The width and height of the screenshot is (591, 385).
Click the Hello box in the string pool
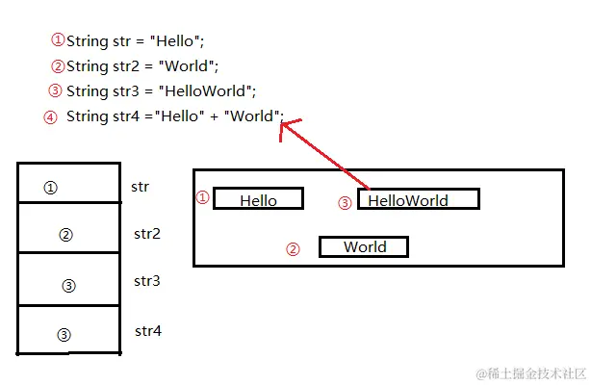click(258, 199)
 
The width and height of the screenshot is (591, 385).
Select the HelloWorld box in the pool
click(418, 199)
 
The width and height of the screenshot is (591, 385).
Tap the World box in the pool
click(364, 247)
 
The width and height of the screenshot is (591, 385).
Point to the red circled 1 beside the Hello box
click(202, 197)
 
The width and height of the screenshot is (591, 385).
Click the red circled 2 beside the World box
click(294, 249)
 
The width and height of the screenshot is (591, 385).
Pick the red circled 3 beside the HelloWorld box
click(345, 202)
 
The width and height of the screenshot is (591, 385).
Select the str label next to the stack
click(140, 186)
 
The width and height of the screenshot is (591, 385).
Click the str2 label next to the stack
click(146, 234)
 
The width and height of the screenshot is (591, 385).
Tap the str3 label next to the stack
click(146, 281)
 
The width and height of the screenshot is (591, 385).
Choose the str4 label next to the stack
click(147, 331)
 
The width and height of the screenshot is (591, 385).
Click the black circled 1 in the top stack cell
click(51, 188)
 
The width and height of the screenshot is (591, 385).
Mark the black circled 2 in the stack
click(65, 235)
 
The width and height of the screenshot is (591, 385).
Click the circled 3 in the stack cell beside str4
click(64, 335)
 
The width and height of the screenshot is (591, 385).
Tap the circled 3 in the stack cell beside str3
click(68, 286)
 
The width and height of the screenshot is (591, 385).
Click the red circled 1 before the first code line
click(58, 40)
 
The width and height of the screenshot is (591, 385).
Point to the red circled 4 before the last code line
click(50, 117)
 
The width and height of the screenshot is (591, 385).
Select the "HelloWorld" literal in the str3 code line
click(211, 91)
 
